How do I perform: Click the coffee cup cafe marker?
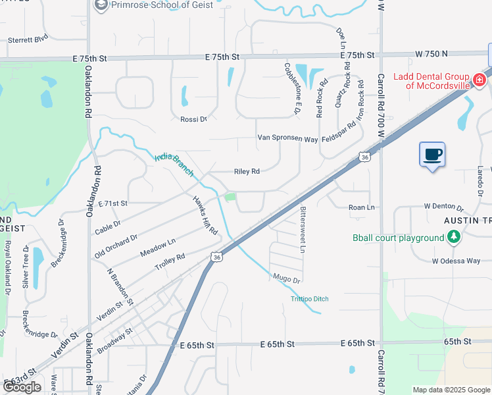(x=432, y=155)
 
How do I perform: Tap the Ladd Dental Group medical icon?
(x=480, y=80)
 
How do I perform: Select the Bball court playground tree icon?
(x=453, y=237)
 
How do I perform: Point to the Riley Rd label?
(x=247, y=171)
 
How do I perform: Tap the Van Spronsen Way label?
(x=287, y=139)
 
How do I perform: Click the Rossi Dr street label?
(x=193, y=119)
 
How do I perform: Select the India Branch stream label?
(x=174, y=165)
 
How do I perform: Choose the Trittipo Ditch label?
(x=309, y=300)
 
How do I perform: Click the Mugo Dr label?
(x=286, y=279)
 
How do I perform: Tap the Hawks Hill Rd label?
(x=205, y=213)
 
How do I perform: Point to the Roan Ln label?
(x=361, y=207)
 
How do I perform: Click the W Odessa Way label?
(x=456, y=261)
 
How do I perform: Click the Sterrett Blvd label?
(x=28, y=39)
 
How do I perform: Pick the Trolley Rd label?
(x=170, y=261)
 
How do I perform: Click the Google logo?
(x=22, y=387)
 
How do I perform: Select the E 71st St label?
(x=112, y=203)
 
